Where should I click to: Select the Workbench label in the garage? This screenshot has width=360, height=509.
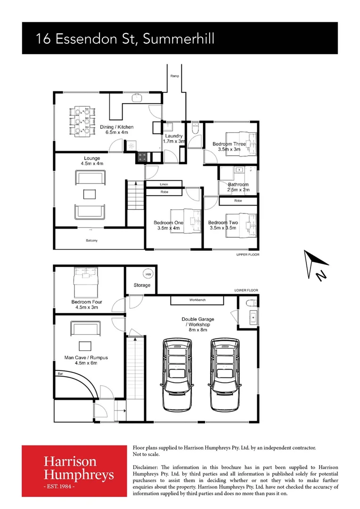tap(197, 300)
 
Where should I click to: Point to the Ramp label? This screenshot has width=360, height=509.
tap(175, 76)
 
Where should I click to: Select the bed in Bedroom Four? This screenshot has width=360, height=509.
tap(85, 281)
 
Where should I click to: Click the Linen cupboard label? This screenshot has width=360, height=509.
tap(164, 184)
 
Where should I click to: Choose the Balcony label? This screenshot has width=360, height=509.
tap(92, 241)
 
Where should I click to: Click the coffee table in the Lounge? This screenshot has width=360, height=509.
tap(90, 194)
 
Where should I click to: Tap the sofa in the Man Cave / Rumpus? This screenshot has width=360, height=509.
tap(85, 328)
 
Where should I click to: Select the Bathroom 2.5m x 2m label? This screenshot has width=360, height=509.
tap(238, 187)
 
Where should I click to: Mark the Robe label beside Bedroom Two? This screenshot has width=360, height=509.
tap(238, 201)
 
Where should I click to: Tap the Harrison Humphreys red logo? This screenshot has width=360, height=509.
tap(74, 470)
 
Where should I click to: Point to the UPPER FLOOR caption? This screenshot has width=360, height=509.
tap(247, 254)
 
